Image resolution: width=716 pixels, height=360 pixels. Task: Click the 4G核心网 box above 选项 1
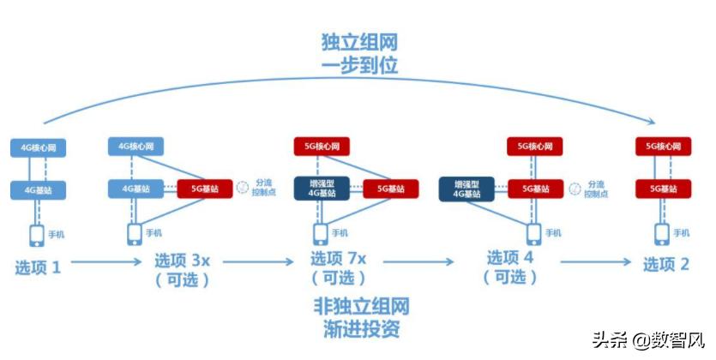click(x=39, y=148)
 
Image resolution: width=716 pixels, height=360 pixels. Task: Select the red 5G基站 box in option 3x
click(x=204, y=188)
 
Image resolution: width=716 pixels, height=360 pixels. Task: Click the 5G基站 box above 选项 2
click(x=664, y=188)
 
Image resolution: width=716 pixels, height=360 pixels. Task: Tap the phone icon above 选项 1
click(x=38, y=234)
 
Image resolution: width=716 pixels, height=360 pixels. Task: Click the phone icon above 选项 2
click(x=663, y=233)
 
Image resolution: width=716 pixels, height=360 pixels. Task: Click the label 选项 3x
click(x=182, y=259)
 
